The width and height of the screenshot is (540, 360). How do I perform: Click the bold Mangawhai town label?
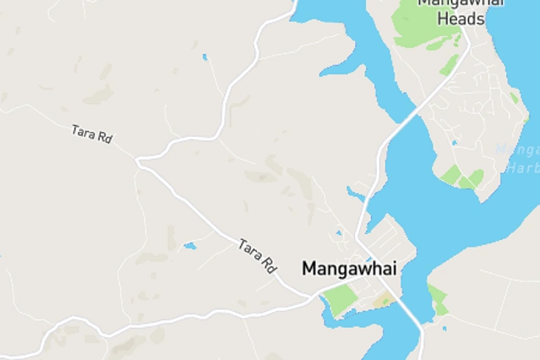[x=350, y=269]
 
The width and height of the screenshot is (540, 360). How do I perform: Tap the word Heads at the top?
[x=461, y=18]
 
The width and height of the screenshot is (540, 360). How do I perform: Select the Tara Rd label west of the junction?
[x=92, y=134]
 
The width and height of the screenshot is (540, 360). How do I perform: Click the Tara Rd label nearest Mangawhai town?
[x=258, y=255]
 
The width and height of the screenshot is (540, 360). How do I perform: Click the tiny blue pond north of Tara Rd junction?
[x=205, y=57]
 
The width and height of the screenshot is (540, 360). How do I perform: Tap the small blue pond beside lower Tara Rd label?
[x=189, y=246]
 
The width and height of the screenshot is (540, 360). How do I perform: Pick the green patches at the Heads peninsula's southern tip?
[x=461, y=177]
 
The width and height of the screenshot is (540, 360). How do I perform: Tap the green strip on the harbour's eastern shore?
[x=437, y=298]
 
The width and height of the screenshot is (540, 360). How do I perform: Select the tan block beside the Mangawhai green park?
[x=382, y=302]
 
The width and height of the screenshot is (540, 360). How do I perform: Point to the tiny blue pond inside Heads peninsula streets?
[x=454, y=142]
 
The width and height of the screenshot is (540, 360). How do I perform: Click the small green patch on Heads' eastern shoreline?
[x=514, y=98]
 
